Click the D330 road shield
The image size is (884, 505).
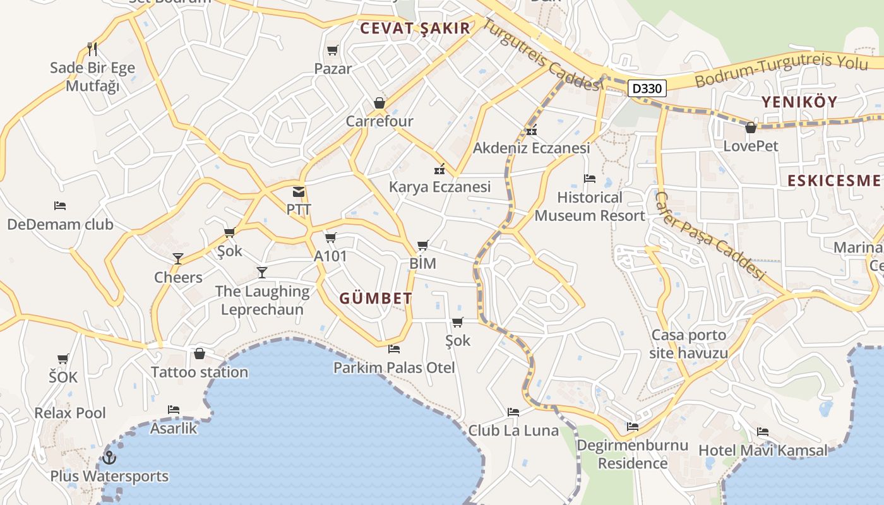[647, 88]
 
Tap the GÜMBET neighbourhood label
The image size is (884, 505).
[376, 299]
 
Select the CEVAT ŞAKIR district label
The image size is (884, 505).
[415, 28]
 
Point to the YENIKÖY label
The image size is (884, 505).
[799, 102]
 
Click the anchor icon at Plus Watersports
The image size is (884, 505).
[109, 457]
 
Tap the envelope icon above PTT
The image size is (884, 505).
[299, 192]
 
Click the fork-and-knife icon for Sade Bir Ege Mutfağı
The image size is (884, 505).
[92, 49]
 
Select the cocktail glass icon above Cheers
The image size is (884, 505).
[178, 259]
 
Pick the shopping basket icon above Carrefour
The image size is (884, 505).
[379, 102]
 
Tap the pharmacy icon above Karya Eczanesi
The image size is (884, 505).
[439, 169]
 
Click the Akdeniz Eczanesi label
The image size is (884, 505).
[531, 148]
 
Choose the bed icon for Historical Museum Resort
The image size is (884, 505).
[590, 179]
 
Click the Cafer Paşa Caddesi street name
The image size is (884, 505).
[710, 236]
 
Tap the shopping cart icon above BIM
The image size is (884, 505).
[423, 245]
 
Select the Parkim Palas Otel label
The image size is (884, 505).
[394, 367]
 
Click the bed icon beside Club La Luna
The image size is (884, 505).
[513, 412]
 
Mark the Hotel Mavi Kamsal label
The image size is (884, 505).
[762, 451]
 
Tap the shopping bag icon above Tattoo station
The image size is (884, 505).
[200, 353]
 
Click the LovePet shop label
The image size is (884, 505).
[751, 146]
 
